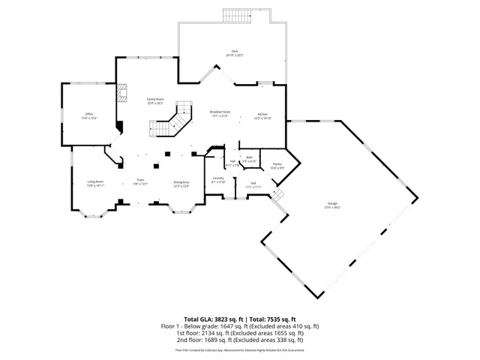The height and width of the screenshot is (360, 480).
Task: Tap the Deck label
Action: [235, 51]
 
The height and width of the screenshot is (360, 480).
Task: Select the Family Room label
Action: [155, 100]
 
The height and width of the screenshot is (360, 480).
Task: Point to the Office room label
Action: [88, 115]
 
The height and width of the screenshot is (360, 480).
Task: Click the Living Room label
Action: [94, 181]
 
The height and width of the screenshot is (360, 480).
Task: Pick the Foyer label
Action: [140, 181]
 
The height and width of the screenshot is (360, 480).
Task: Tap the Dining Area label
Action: [181, 182]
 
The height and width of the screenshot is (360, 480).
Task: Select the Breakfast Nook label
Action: [220, 112]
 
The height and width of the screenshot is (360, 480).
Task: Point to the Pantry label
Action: [277, 164]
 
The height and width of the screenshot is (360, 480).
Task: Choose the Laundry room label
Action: [219, 179]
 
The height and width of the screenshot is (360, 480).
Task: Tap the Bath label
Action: [250, 157]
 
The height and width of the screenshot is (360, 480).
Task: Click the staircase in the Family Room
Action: [175, 120]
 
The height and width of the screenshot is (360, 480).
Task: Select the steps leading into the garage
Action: [279, 195]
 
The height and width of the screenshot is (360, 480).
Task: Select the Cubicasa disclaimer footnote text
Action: [240, 349]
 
